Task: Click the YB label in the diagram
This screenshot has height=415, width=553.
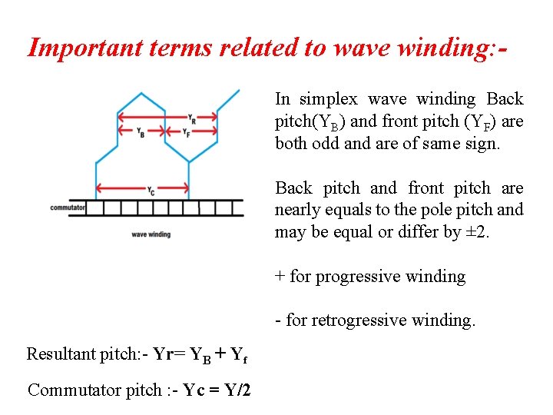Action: (x=141, y=133)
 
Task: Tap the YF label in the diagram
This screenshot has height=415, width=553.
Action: (x=189, y=133)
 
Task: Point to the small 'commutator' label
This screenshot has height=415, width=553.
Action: (x=68, y=208)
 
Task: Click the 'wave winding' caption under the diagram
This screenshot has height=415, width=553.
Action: (x=151, y=234)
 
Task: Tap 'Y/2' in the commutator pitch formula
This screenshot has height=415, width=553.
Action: (x=234, y=390)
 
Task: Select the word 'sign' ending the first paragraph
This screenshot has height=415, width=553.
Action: (x=483, y=144)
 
